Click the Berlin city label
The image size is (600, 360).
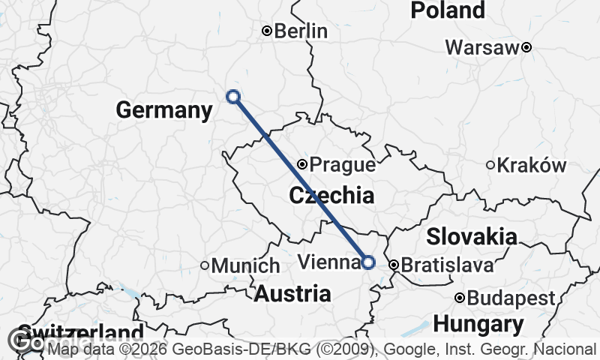[x=301, y=31]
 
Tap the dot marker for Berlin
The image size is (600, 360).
[x=266, y=31]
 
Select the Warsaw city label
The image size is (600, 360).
[x=482, y=47]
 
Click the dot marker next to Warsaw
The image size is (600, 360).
[x=526, y=47]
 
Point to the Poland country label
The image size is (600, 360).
[x=448, y=10]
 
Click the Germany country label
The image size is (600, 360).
[x=164, y=110]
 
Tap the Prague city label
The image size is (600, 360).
[x=342, y=164]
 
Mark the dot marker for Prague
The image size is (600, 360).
[x=301, y=164]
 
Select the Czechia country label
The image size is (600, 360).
[x=331, y=196]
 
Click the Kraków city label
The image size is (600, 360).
[x=533, y=165]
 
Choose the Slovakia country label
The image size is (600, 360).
[x=472, y=237]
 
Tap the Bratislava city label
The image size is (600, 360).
[x=448, y=265]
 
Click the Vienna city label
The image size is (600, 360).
[x=328, y=262]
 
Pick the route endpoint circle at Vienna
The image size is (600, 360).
[x=368, y=262]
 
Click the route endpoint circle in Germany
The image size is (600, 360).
[x=233, y=96]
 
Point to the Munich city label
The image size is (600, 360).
[x=245, y=265]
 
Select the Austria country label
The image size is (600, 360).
[x=292, y=293]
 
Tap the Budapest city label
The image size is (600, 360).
[x=510, y=298]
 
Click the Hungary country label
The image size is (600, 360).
[x=478, y=325]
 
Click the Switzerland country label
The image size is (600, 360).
[x=79, y=332]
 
